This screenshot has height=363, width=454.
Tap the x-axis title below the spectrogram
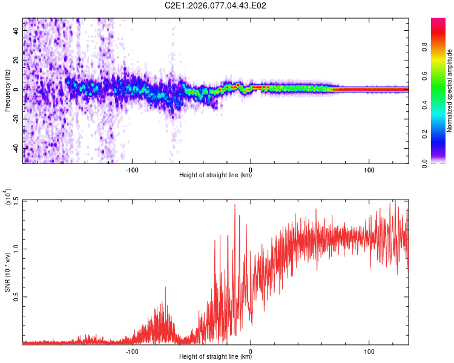[x=215, y=175]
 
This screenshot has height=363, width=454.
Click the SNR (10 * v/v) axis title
[x=7, y=272]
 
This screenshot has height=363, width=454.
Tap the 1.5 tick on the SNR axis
[x=16, y=200]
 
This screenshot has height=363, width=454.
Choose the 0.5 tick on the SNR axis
[x=16, y=296]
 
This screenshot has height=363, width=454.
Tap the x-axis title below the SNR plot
[x=215, y=357]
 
